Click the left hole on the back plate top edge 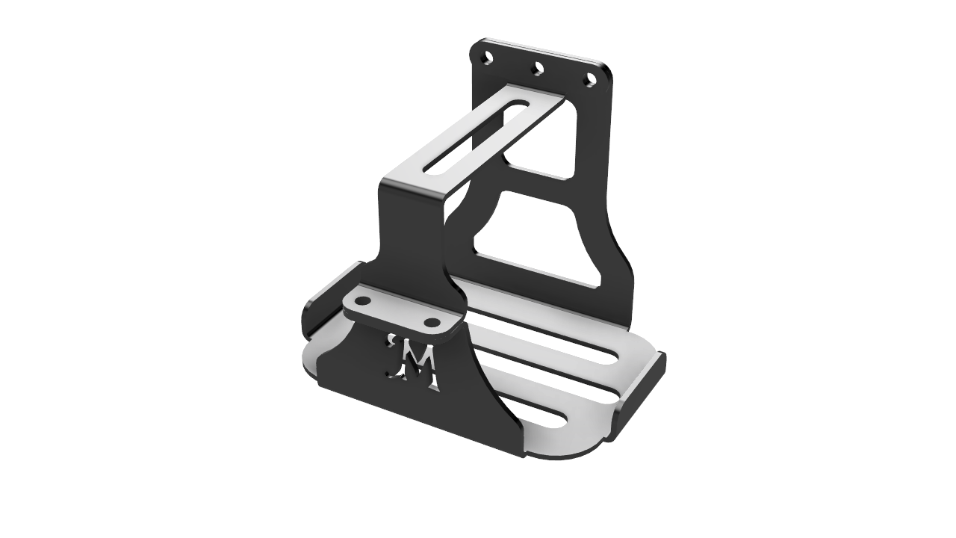click(x=487, y=57)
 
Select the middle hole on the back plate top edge click(x=536, y=70)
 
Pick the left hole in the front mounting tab click(x=362, y=302)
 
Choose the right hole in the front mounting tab click(x=432, y=323)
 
